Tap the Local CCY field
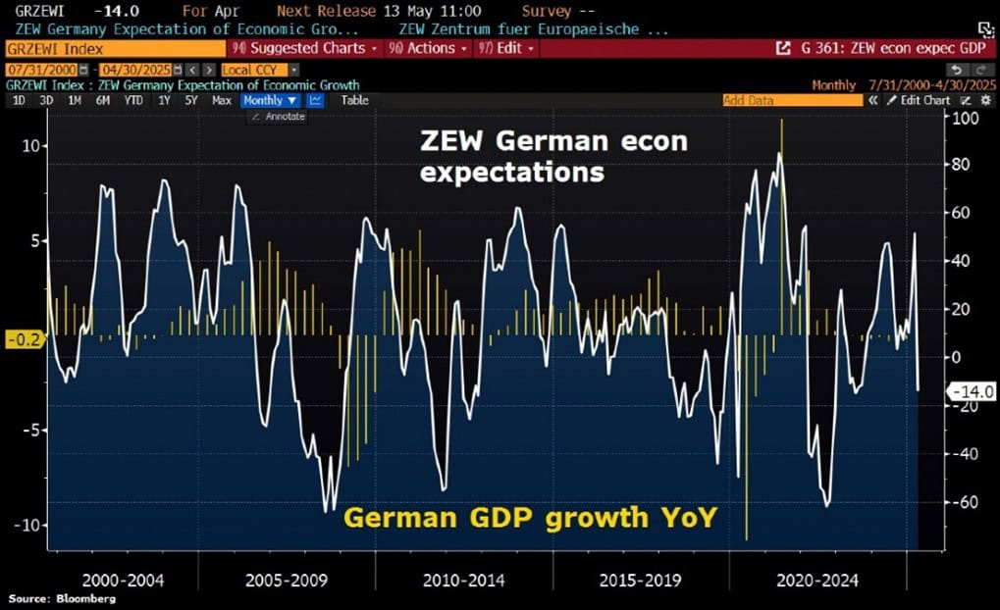click(x=248, y=71)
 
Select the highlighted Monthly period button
click(x=269, y=100)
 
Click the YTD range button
click(x=132, y=100)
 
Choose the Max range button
click(x=222, y=100)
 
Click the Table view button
click(x=354, y=100)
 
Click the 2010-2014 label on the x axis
click(x=463, y=581)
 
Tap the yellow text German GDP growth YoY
click(x=529, y=514)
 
